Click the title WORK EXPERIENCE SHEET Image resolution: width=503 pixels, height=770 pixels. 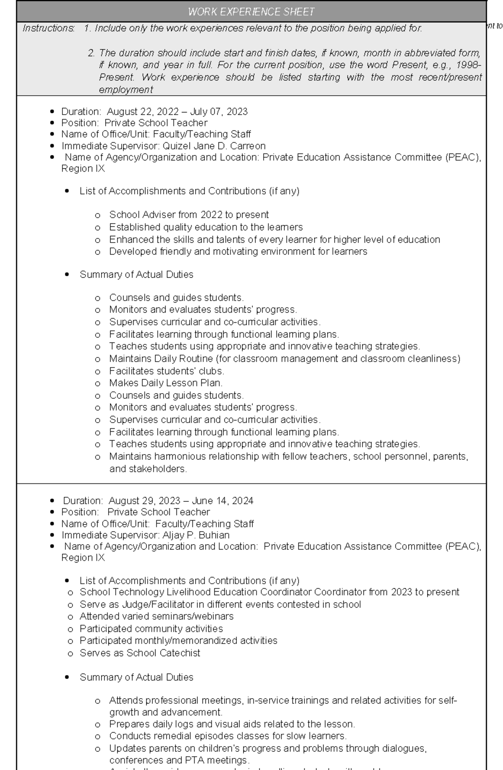coord(251,12)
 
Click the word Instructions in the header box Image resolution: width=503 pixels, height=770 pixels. coord(48,28)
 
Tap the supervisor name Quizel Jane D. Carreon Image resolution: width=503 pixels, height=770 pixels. coord(214,146)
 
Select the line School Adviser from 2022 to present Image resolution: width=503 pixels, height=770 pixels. coord(189,215)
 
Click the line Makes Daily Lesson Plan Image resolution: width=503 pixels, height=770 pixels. coord(166,383)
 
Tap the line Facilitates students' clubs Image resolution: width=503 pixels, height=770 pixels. coord(166,371)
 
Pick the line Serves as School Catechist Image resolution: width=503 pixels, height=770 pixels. coord(140,653)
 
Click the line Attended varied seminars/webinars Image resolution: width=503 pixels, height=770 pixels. coord(156,616)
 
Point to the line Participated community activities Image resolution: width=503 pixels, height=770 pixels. coord(151,629)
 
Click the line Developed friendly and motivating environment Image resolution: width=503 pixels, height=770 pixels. coord(238,252)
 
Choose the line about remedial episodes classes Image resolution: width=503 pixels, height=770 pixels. coord(228,736)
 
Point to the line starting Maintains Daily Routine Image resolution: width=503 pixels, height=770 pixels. coord(284,359)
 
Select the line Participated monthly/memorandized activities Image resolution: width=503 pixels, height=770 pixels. coord(178,641)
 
